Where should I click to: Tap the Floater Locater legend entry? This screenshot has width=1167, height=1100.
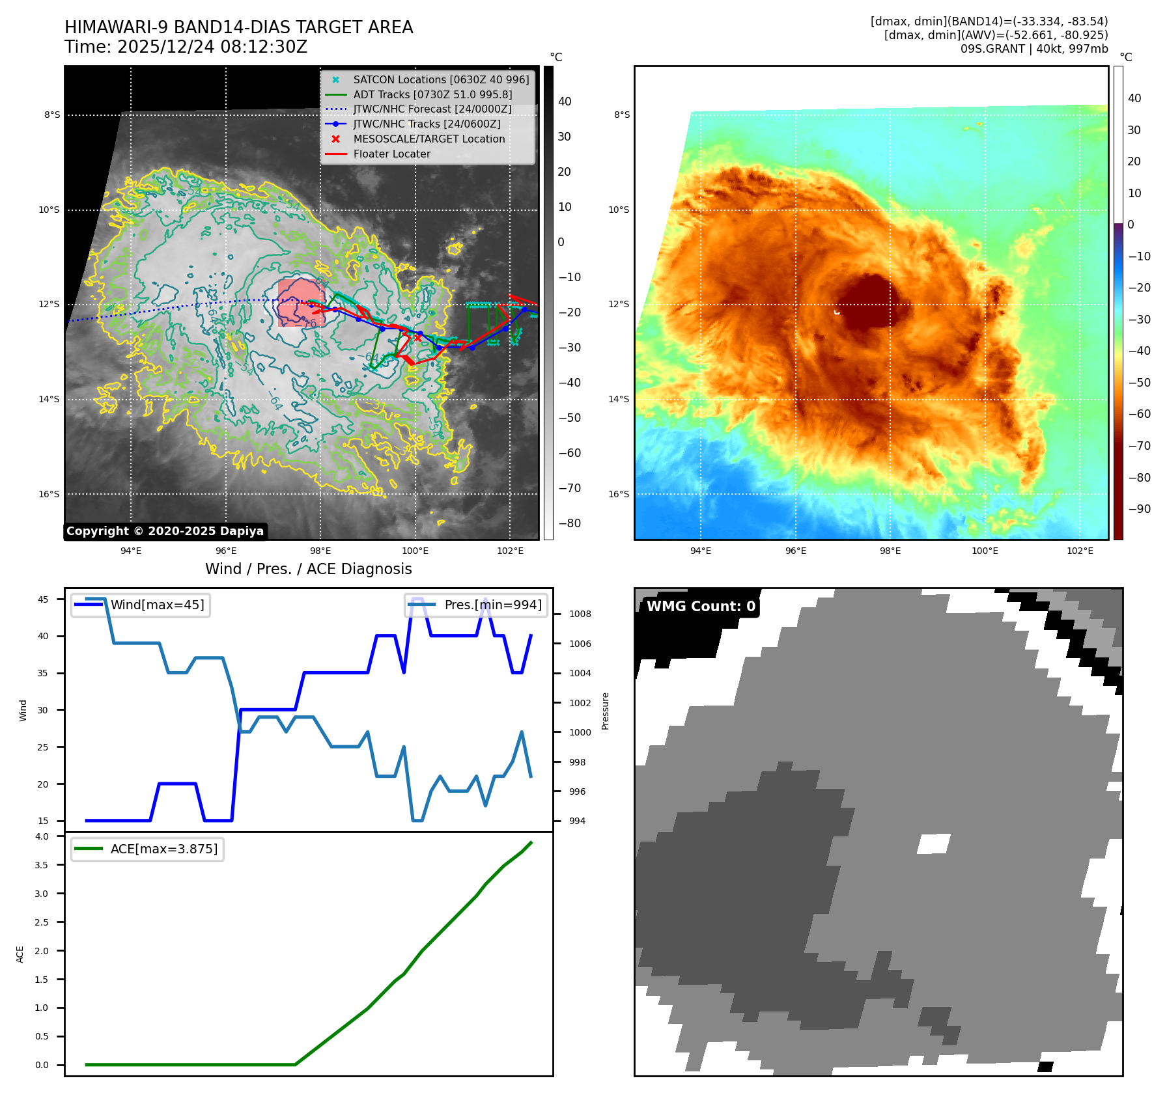point(391,154)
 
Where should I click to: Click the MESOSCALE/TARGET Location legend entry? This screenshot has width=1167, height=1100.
point(429,139)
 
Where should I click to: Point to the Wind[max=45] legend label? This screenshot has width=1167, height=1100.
point(157,605)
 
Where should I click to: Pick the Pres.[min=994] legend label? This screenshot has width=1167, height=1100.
point(492,605)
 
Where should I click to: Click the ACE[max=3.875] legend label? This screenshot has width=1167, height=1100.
point(164,849)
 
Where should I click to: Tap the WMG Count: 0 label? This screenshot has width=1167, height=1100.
point(701,607)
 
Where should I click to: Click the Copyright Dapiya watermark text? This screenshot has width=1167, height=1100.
point(165,531)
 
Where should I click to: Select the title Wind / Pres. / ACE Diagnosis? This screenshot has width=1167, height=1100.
point(308,569)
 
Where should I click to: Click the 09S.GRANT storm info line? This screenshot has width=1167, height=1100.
point(1033,49)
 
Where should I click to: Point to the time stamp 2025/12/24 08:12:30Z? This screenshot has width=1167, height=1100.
point(212,48)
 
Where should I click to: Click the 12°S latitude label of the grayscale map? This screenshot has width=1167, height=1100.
point(49,304)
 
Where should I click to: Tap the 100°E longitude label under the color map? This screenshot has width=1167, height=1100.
point(985,551)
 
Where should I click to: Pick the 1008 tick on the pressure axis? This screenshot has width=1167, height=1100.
point(580,614)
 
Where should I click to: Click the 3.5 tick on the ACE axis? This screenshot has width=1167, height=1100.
point(42,865)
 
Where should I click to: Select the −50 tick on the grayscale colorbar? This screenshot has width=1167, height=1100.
point(569,418)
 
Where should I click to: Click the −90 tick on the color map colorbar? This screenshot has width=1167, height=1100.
point(1139,509)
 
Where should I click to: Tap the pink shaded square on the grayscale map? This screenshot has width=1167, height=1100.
point(300,303)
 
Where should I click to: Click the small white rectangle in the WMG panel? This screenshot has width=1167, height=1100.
point(933,844)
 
